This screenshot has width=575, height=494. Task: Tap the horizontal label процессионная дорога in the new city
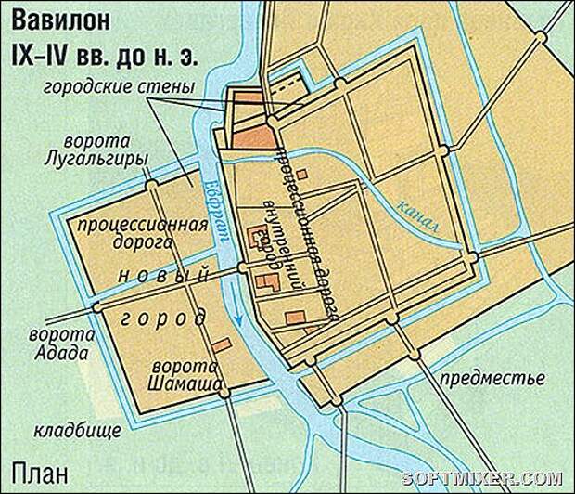pos(127,232)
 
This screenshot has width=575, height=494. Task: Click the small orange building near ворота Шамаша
pos(220,345)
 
